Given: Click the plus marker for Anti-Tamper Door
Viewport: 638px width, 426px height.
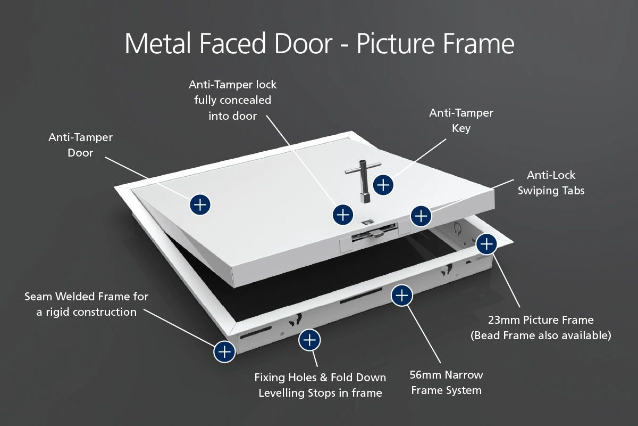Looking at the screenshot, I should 200,204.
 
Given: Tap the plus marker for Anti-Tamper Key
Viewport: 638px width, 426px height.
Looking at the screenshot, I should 383,184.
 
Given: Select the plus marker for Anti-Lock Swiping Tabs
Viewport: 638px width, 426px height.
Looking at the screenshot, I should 421,216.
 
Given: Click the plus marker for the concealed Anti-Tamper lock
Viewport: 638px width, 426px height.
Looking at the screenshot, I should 343,215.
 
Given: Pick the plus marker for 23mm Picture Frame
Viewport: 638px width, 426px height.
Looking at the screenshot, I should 486,244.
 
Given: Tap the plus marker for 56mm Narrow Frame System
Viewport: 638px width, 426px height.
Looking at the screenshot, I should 402,294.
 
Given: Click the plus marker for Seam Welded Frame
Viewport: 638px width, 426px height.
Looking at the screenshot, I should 224,351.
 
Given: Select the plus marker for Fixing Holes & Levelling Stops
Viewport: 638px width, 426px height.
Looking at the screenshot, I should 309,340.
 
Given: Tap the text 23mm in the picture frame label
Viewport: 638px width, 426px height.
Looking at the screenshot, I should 505,320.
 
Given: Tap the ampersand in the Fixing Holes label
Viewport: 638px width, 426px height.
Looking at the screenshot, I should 323,378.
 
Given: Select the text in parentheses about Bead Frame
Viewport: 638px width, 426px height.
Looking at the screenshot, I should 541,335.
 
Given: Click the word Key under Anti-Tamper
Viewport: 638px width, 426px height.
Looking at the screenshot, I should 461,128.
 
